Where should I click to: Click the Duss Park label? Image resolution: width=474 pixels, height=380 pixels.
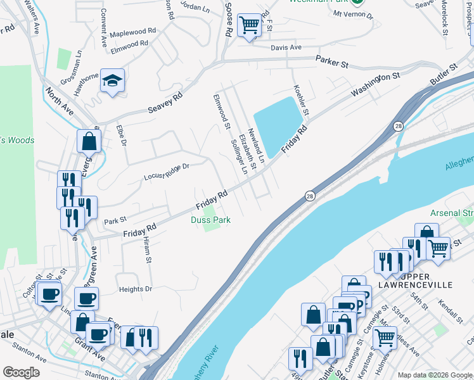click(x=210, y=220)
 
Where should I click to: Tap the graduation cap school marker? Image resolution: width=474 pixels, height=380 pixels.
click(x=112, y=80)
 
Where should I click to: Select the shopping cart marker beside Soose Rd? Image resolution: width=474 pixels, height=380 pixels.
click(x=249, y=26)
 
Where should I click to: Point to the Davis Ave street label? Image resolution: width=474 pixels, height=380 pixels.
click(x=286, y=47)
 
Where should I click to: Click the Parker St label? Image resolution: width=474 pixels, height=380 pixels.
click(x=333, y=61)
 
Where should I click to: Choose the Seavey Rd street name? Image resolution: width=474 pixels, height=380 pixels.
click(x=165, y=100)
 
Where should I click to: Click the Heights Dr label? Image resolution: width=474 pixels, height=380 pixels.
click(x=136, y=289)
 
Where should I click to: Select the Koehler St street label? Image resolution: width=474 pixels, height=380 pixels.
click(x=301, y=99)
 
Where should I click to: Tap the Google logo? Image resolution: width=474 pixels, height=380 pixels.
click(x=21, y=372)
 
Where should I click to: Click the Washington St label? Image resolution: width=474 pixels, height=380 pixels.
click(x=376, y=84)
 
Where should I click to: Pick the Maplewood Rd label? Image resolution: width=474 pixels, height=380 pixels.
click(x=133, y=31)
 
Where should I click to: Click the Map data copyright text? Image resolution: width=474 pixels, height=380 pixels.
click(x=435, y=375)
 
